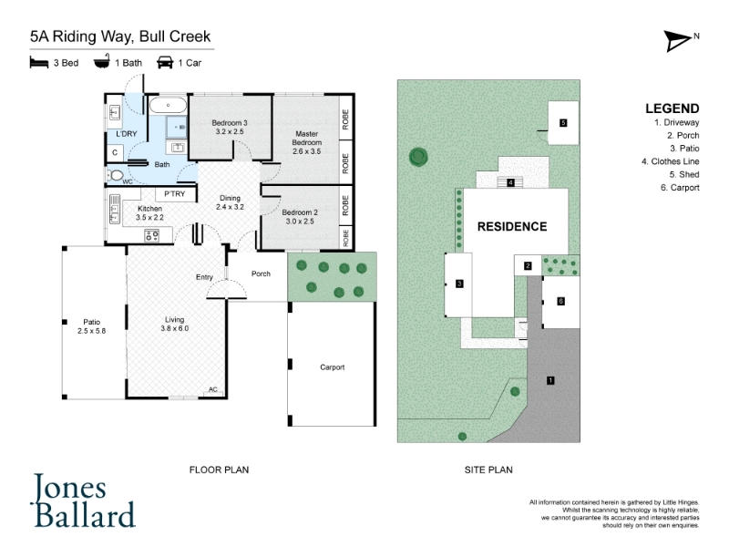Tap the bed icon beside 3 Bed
(x=39, y=62)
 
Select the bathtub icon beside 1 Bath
(x=102, y=61)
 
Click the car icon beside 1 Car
(x=165, y=62)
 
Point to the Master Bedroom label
(x=307, y=138)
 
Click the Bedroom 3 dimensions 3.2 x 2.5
(x=230, y=131)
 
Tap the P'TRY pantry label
(x=175, y=193)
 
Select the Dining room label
(x=231, y=198)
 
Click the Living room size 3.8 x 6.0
(x=175, y=328)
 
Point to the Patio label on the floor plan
(x=92, y=322)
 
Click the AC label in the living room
(x=213, y=389)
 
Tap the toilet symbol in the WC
(x=115, y=175)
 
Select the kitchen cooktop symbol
(x=151, y=235)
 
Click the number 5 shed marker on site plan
(x=563, y=123)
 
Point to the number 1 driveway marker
(x=550, y=380)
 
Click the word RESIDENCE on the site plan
(x=512, y=226)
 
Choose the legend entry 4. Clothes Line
(x=671, y=161)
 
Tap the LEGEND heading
(x=673, y=108)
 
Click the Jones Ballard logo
(x=84, y=501)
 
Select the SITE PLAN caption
(x=488, y=470)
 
